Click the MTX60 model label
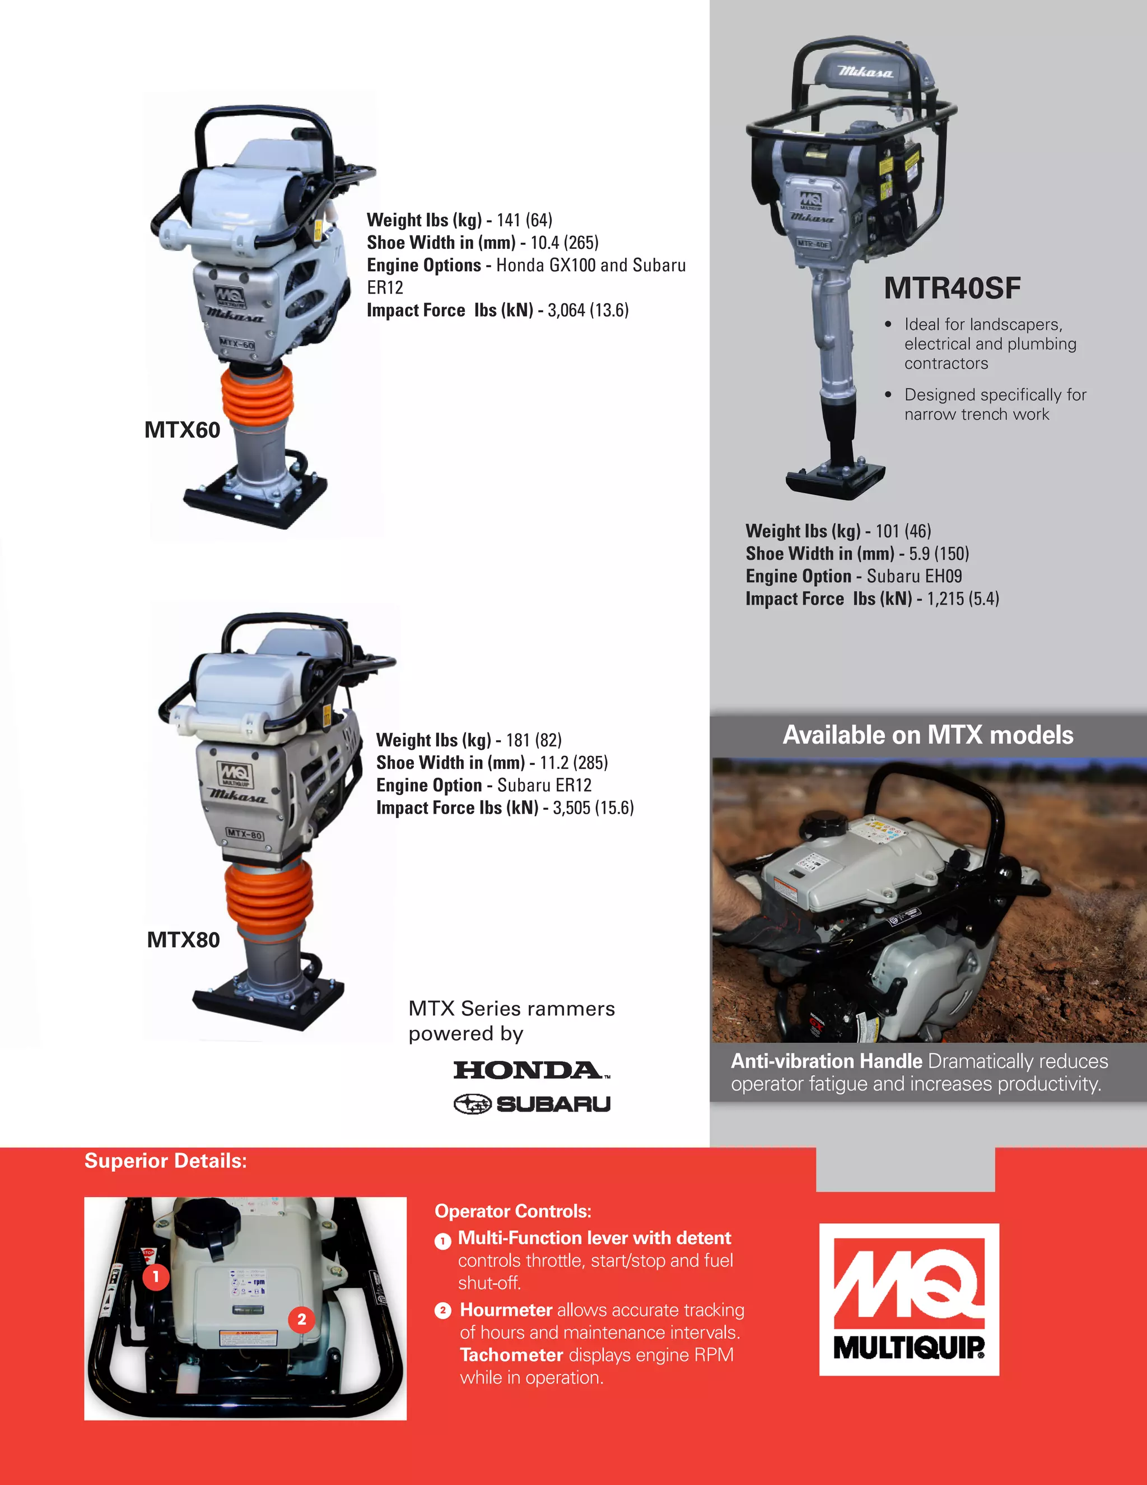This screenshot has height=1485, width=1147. click(182, 430)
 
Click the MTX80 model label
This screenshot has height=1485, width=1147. click(184, 940)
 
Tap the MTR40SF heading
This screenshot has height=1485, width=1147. click(952, 288)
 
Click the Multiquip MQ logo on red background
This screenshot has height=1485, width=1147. click(908, 1300)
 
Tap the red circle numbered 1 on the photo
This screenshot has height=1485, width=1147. click(156, 1276)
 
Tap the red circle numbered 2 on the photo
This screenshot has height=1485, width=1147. click(302, 1320)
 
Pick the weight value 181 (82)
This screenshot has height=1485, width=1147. click(533, 740)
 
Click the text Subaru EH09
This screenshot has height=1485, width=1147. click(914, 577)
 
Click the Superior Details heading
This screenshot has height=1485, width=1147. click(165, 1161)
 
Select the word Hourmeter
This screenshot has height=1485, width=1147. click(506, 1310)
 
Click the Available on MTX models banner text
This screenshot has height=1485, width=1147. click(927, 735)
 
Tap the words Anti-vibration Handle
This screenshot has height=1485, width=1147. click(826, 1061)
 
